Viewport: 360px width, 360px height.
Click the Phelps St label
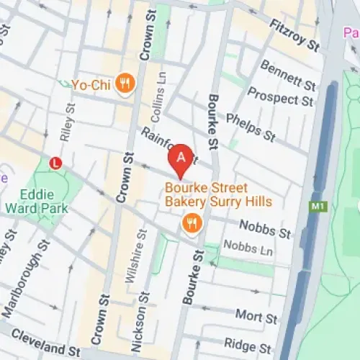coord(251,127)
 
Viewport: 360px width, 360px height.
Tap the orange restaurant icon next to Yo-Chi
coord(126,84)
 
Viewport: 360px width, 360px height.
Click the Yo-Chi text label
coord(91,85)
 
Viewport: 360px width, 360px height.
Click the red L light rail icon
coord(55,163)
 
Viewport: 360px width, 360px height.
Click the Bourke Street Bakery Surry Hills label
coord(218,195)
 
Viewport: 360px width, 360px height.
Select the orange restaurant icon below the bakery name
coord(191,222)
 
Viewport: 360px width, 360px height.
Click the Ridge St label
coord(240,344)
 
